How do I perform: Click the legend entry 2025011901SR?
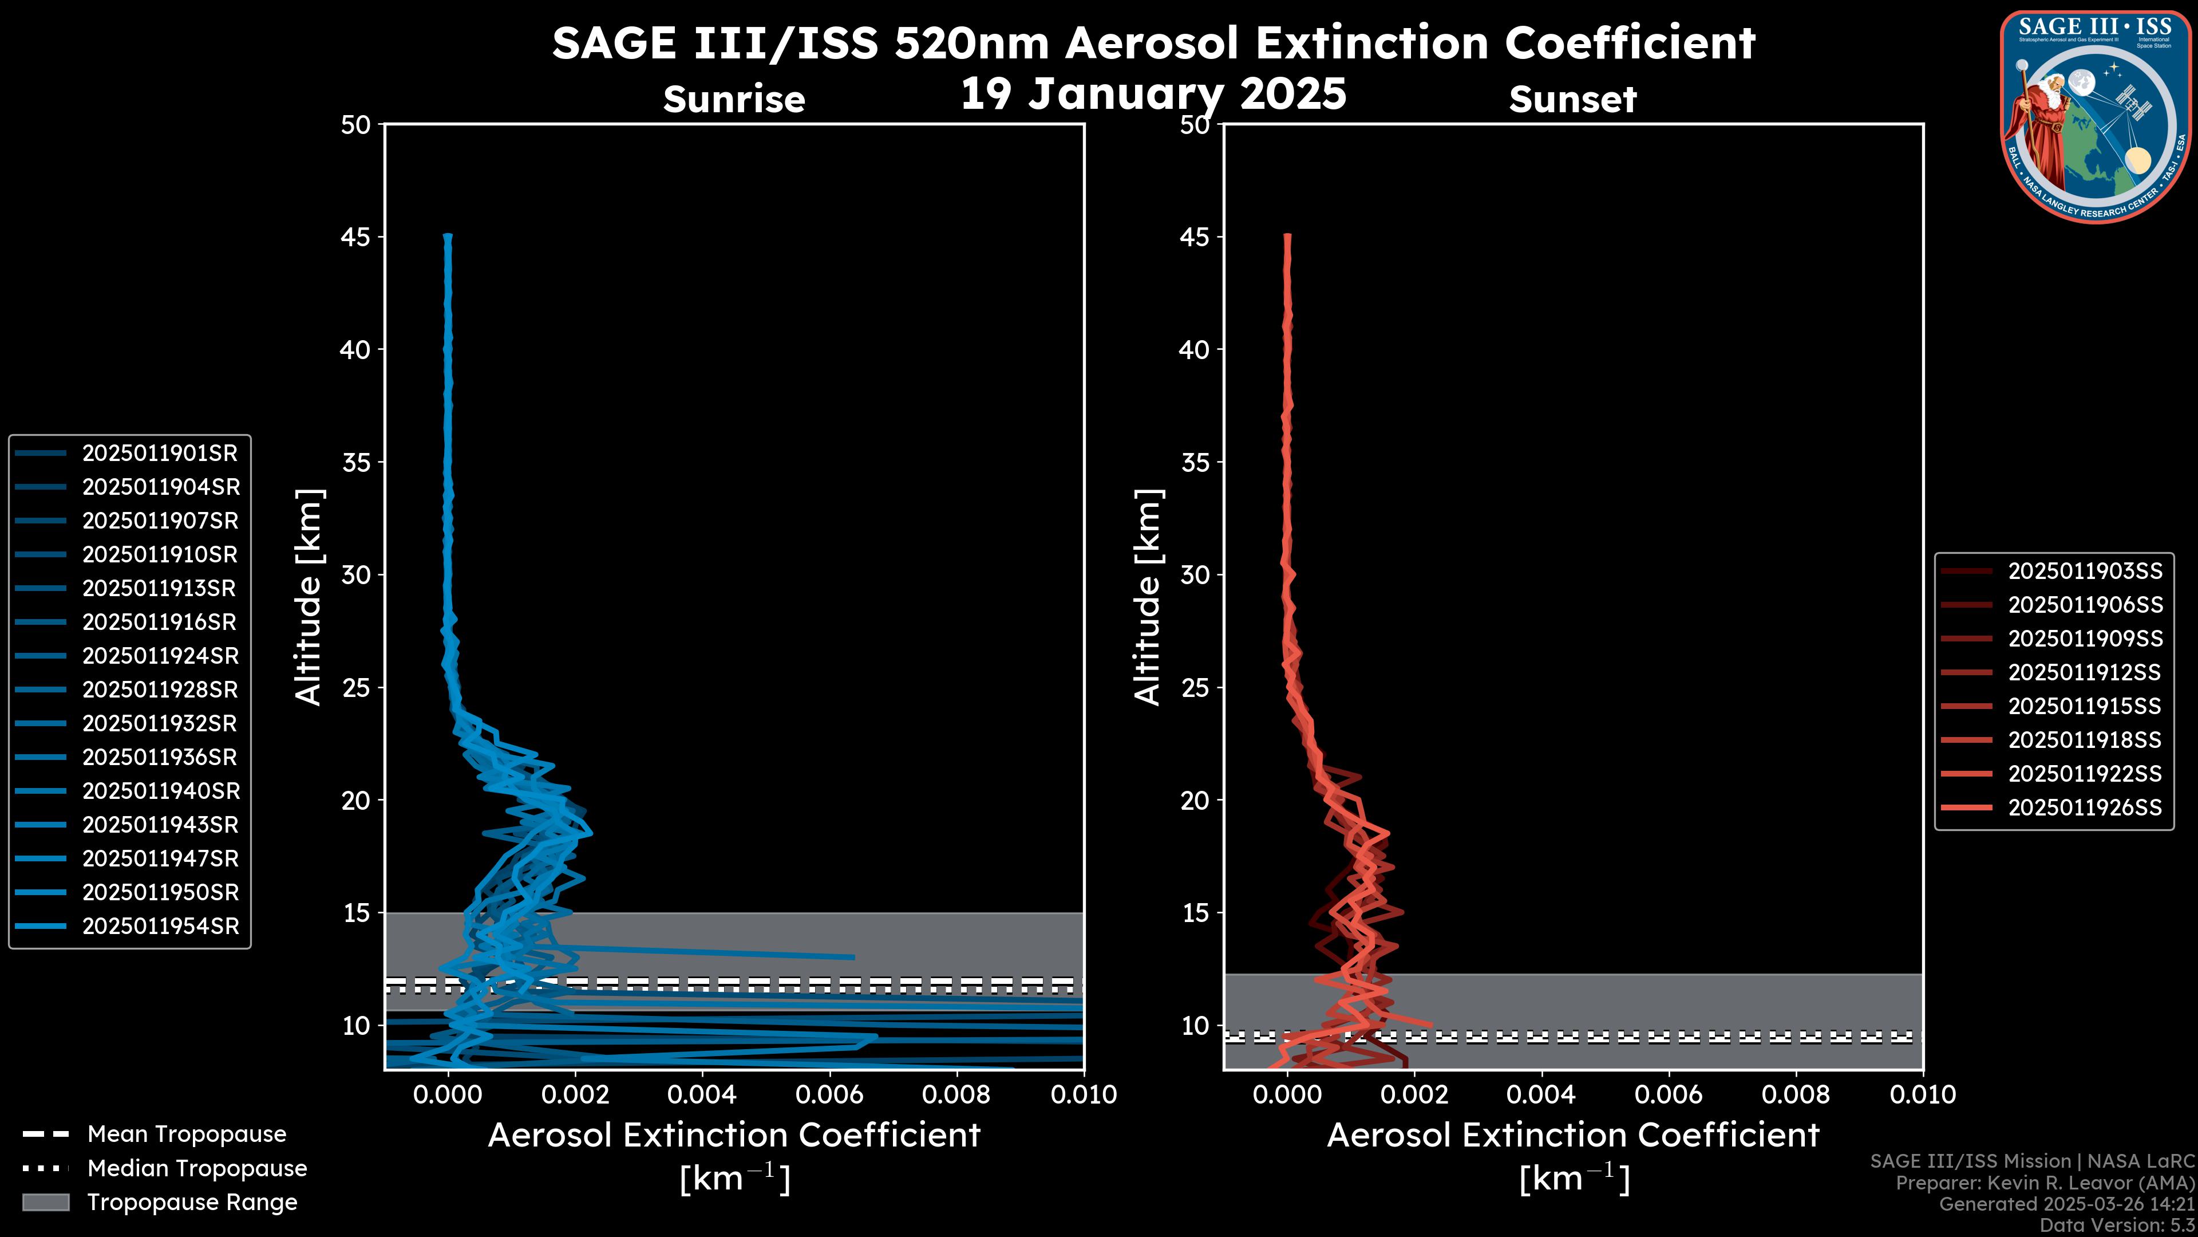point(160,454)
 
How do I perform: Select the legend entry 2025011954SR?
point(160,926)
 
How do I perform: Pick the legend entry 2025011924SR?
point(160,656)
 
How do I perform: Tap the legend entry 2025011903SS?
point(2085,571)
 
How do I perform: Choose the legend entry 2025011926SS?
point(2085,807)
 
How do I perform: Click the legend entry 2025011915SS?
point(2085,706)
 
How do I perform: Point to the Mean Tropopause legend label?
point(187,1134)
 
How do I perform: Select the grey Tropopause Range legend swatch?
point(45,1202)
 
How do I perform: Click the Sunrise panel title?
point(734,100)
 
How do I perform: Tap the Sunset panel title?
point(1572,100)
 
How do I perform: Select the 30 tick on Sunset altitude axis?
point(1195,574)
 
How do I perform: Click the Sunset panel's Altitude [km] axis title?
point(1148,597)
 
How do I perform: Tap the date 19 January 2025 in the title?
point(1153,94)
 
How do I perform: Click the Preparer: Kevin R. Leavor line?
point(2045,1183)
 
